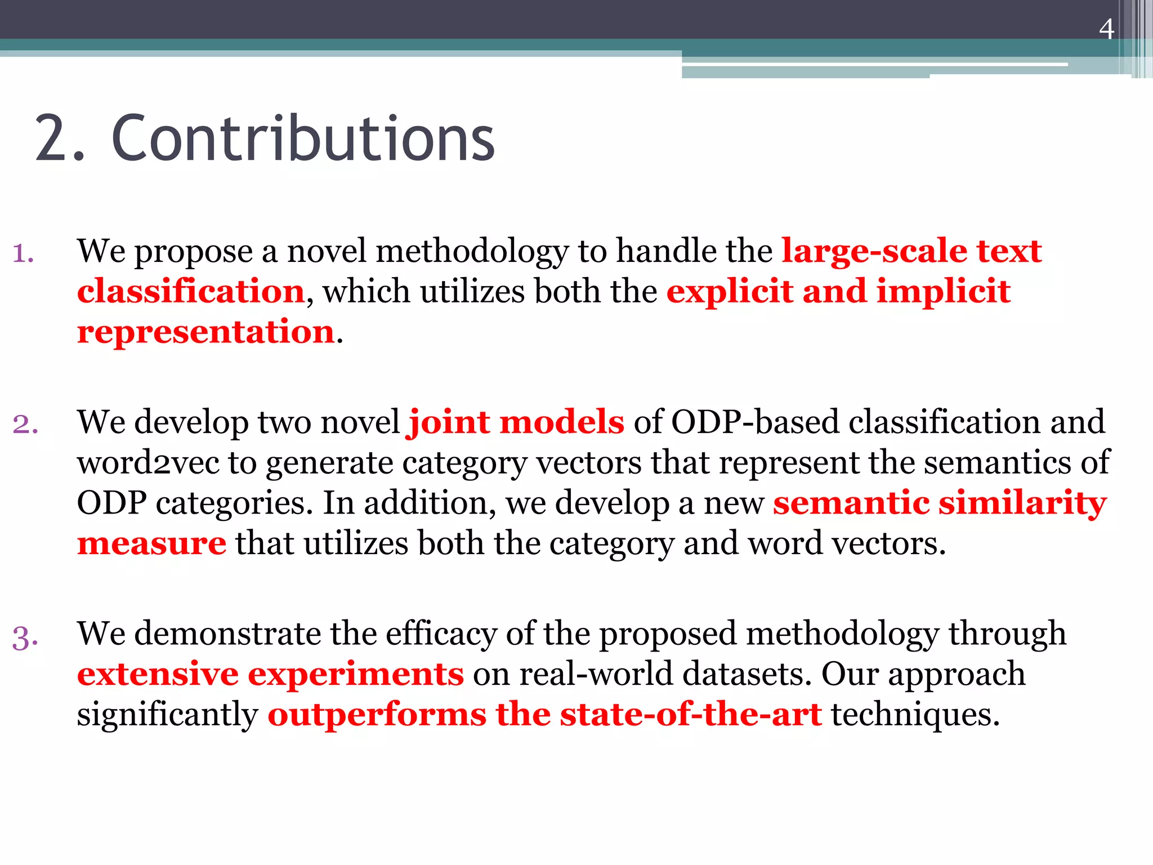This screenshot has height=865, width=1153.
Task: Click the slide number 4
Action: click(1106, 29)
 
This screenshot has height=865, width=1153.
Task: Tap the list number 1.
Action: click(23, 253)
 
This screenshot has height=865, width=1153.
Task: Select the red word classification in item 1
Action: click(191, 292)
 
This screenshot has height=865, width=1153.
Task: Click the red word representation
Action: click(206, 332)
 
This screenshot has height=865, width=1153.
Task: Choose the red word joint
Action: click(449, 422)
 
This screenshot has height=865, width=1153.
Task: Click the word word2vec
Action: click(148, 463)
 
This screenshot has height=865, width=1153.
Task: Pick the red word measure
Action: click(151, 544)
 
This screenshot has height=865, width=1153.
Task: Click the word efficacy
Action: click(441, 634)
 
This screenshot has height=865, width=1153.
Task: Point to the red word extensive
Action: click(158, 675)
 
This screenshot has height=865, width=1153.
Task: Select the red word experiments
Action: click(356, 675)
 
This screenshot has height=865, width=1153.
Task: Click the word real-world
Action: click(596, 675)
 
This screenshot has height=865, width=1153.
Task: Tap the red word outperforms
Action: click(377, 715)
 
